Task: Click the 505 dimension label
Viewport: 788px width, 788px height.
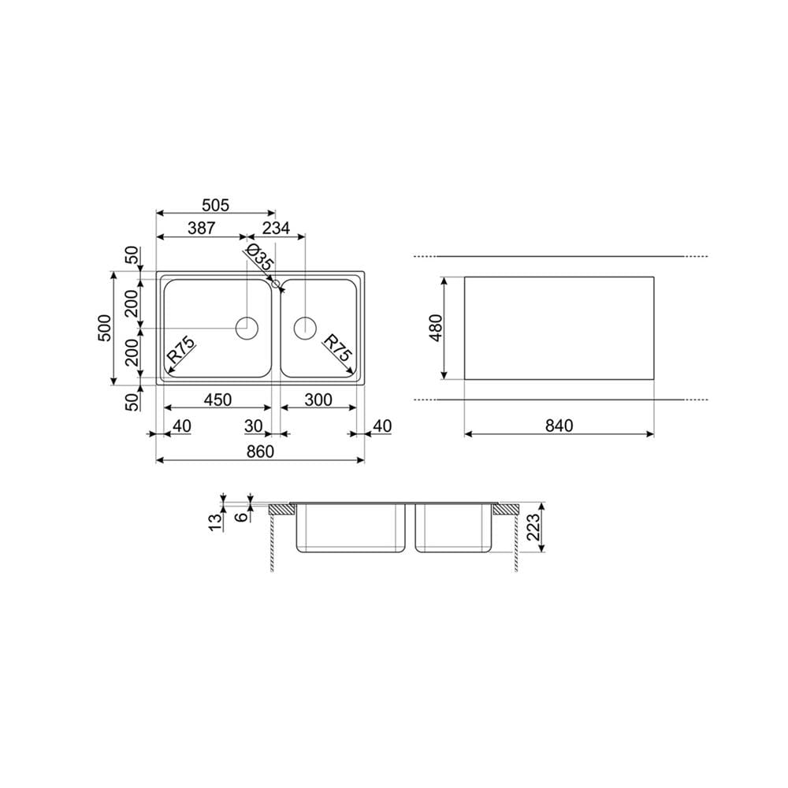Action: pos(215,205)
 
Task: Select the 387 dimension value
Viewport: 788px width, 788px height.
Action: pos(201,229)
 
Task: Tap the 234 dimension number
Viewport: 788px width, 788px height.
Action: pos(276,229)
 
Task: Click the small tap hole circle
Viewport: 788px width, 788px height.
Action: pos(275,284)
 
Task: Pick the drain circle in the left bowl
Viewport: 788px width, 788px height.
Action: pos(247,328)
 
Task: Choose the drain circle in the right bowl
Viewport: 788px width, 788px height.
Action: pos(305,328)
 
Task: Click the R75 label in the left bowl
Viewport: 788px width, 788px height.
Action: pos(181,351)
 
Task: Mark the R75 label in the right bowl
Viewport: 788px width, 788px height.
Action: pos(336,348)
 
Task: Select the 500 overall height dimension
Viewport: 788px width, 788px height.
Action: pos(105,328)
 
